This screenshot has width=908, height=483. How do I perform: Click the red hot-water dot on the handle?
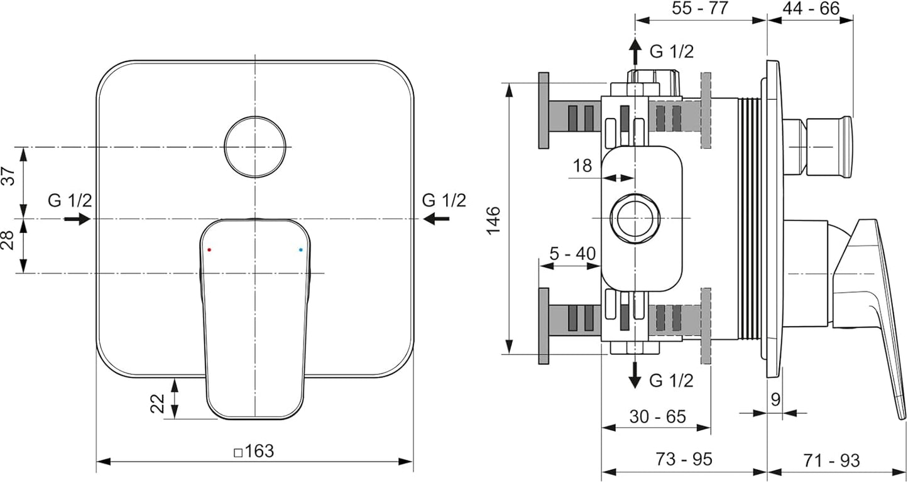(209, 249)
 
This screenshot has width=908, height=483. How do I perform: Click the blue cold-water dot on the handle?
(300, 249)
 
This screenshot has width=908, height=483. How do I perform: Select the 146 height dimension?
(493, 220)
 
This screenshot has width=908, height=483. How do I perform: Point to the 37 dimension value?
(9, 175)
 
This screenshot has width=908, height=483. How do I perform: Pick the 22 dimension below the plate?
(157, 404)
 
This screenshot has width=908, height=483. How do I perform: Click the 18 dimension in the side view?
(582, 165)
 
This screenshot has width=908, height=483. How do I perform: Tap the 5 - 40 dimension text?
(572, 254)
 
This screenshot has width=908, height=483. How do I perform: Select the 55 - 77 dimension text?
(699, 8)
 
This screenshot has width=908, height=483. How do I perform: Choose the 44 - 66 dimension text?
(811, 8)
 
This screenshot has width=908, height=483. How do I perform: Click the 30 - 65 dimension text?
(657, 416)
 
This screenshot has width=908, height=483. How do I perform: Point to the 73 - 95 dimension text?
(684, 459)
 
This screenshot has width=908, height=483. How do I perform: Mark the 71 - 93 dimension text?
(831, 460)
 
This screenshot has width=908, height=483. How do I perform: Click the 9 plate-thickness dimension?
(775, 399)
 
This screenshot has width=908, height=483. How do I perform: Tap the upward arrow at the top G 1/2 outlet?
(635, 52)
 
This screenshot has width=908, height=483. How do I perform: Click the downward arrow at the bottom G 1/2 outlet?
(635, 375)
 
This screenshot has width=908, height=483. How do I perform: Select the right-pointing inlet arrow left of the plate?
(77, 219)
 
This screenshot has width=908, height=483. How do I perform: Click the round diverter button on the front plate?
(255, 147)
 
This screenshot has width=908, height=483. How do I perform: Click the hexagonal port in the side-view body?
(635, 219)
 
